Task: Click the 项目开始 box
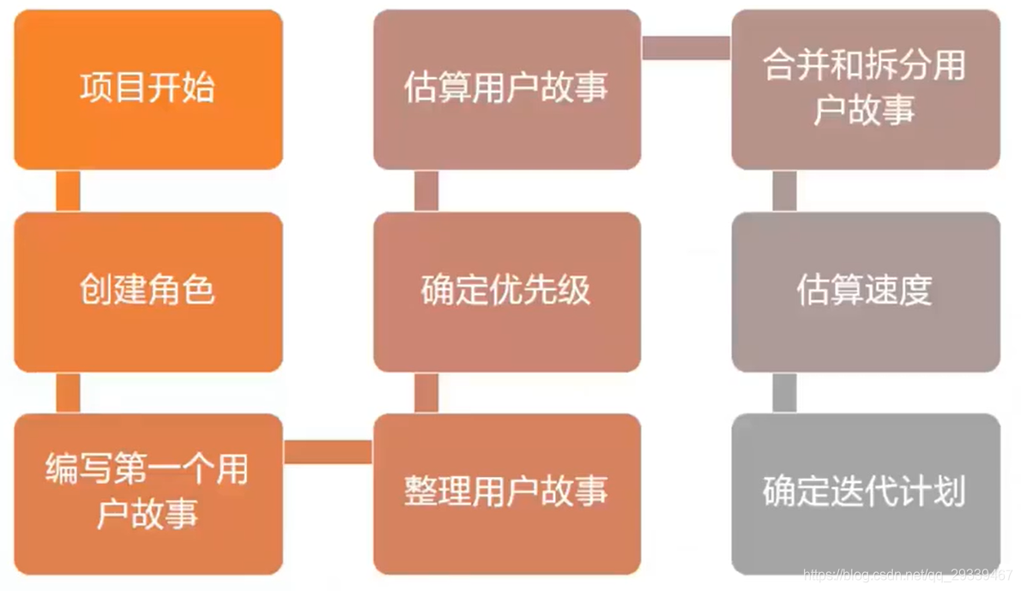148,89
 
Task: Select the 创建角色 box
148,292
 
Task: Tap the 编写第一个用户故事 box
148,493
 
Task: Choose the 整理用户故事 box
507,493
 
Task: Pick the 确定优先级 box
507,292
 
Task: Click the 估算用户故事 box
507,89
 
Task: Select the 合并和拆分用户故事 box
865,89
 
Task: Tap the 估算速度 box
865,292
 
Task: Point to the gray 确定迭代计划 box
865,493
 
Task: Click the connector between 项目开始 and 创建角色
68,190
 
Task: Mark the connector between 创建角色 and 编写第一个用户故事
68,393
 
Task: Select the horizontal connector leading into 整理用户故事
328,452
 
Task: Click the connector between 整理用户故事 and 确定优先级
426,393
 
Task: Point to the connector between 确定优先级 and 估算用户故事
426,190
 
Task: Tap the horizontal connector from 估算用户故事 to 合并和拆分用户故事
686,48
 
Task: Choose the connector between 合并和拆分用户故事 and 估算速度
784,190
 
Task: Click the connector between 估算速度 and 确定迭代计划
784,393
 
